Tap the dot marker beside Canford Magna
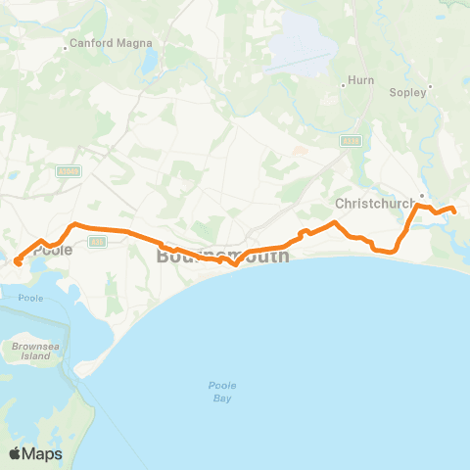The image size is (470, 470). pos(67,45)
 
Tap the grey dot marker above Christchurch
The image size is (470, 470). pos(421,194)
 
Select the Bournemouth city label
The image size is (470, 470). pos(222,257)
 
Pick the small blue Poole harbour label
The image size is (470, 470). pos(31,298)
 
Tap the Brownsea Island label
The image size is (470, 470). pos(29,352)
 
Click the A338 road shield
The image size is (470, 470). pos(351,142)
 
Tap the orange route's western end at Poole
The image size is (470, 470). pos(19,261)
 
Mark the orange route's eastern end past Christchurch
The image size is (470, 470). pos(453,210)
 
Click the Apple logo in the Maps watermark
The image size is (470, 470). pos(15,453)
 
